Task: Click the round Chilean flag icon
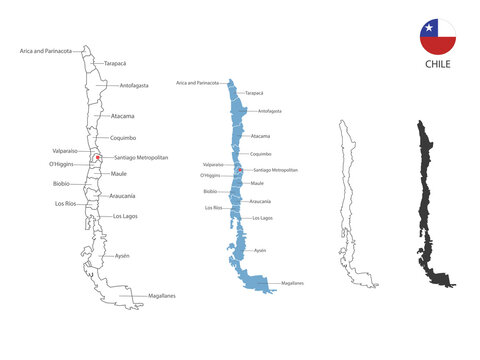click(438, 37)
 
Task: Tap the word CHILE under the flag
click(438, 64)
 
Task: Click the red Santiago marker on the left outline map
click(97, 157)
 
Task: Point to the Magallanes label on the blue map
click(292, 283)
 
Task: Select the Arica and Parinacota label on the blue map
click(197, 83)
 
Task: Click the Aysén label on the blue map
click(260, 250)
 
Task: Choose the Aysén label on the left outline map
click(122, 256)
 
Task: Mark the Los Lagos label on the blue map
click(262, 217)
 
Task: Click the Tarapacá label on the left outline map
click(115, 63)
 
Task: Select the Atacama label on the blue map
click(260, 136)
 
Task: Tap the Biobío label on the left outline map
click(61, 184)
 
